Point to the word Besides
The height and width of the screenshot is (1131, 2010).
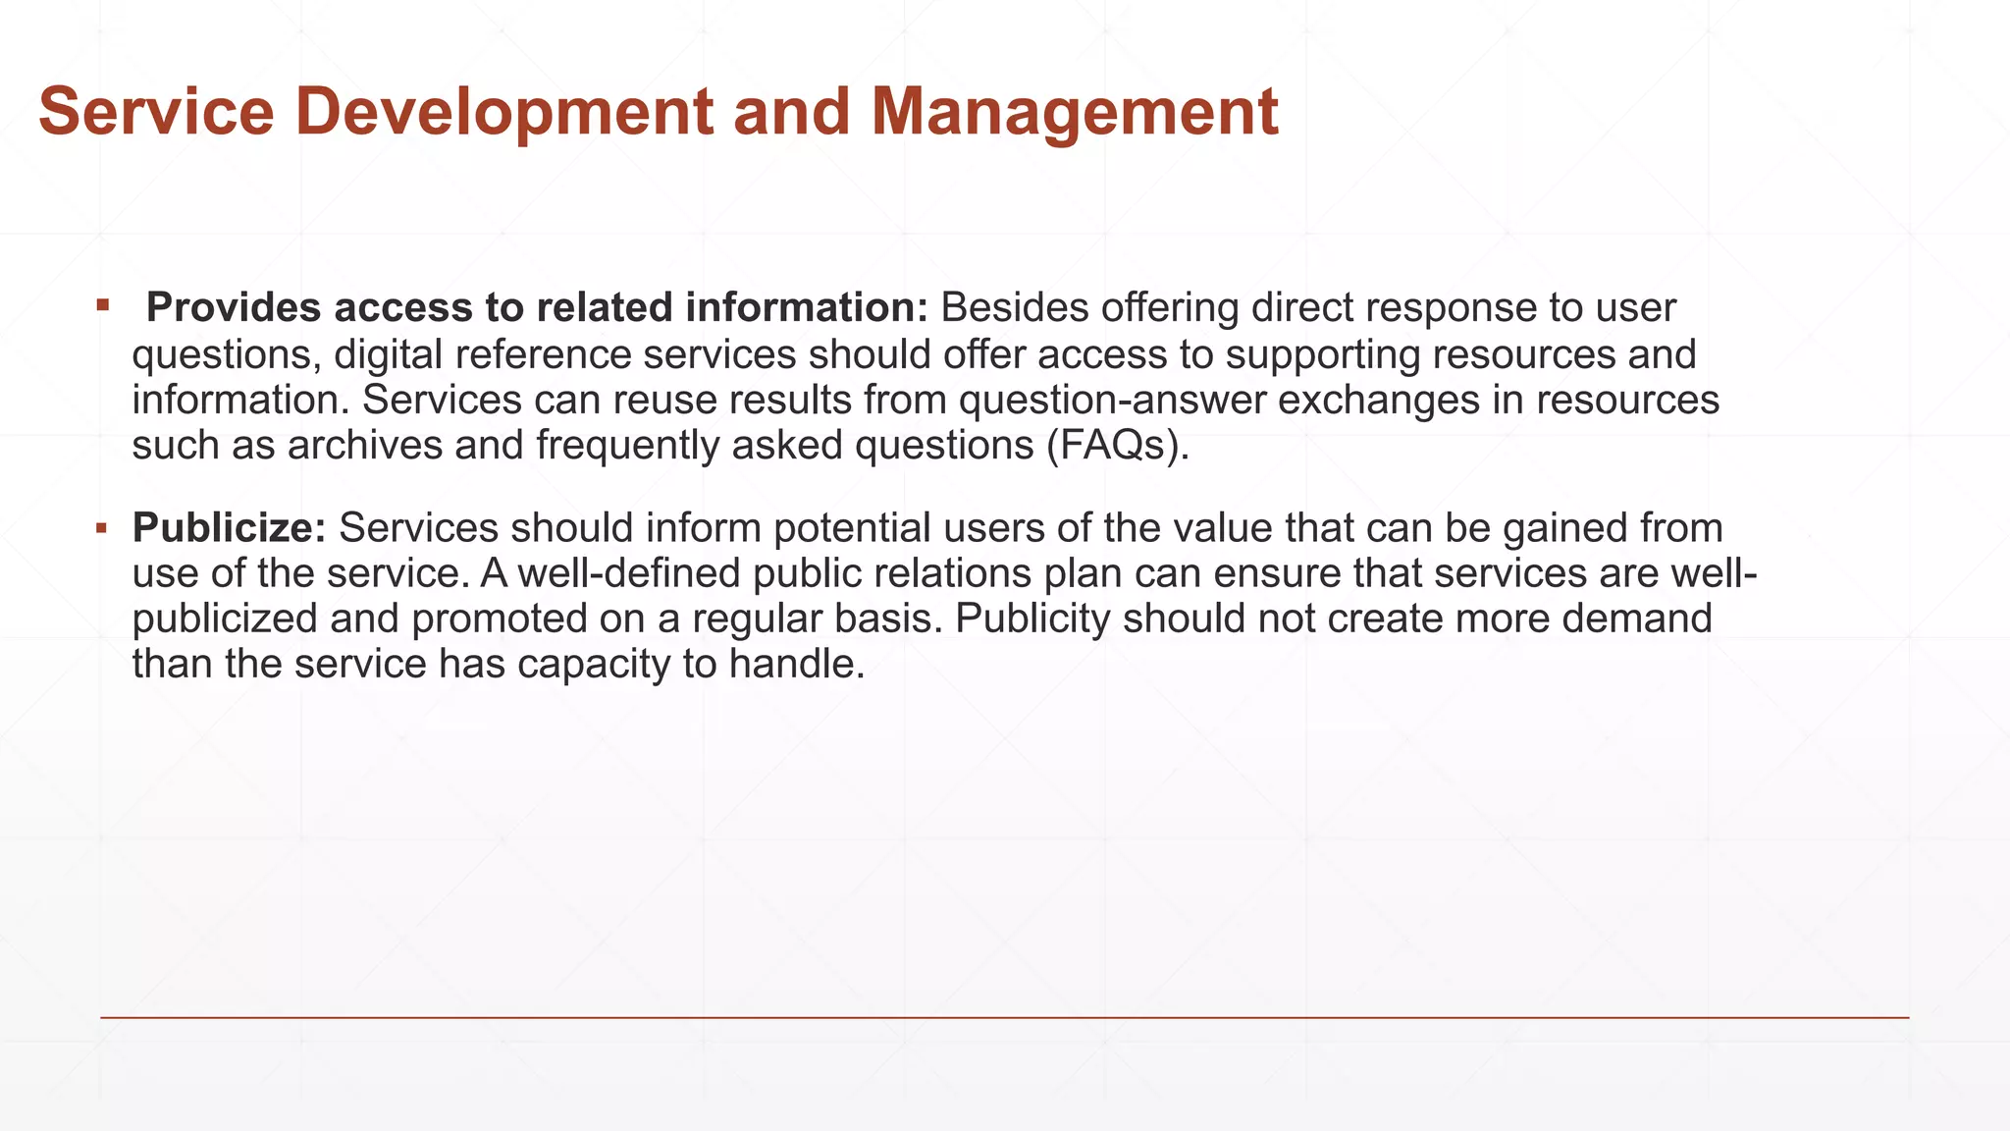[x=1015, y=308]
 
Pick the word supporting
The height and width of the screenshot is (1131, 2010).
[x=1322, y=354]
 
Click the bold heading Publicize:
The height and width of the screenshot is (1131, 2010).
[x=229, y=528]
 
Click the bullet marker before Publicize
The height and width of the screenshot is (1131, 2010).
[x=102, y=528]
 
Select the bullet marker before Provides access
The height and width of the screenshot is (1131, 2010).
[x=102, y=305]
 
